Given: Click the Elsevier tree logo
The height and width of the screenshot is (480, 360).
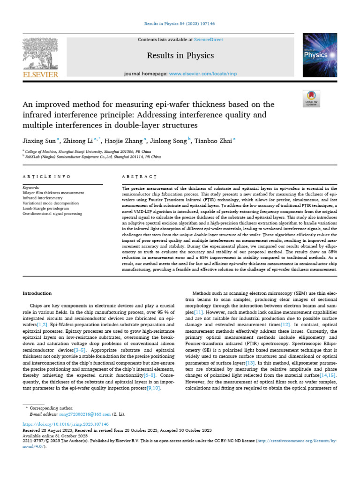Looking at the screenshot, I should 40,53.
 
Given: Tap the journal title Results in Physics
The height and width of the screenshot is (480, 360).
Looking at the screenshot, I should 180,56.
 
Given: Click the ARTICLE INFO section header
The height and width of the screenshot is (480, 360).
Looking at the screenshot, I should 46,176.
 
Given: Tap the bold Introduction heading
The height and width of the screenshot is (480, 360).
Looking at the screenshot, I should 37,293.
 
